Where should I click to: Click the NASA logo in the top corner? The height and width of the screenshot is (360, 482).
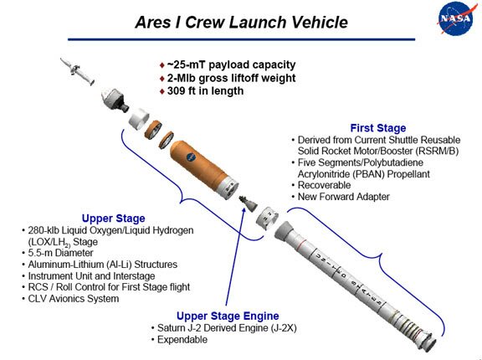[x=454, y=18]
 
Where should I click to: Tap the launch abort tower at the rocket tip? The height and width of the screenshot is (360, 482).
[x=77, y=70]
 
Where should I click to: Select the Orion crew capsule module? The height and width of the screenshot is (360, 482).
[x=115, y=100]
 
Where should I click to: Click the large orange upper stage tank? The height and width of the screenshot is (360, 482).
[x=203, y=169]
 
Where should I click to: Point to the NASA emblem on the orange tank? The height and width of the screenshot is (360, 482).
[x=191, y=157]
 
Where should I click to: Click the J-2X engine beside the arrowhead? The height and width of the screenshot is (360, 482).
[x=249, y=203]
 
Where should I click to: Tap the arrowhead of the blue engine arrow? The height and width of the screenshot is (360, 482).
[x=244, y=205]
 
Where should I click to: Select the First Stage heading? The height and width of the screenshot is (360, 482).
[x=377, y=128]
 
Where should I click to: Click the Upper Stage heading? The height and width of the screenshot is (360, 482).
[x=114, y=219]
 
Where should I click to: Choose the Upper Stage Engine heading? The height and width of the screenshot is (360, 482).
[x=228, y=316]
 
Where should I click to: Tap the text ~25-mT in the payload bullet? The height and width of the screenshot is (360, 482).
[x=187, y=64]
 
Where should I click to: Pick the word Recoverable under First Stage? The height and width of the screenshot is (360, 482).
[x=324, y=185]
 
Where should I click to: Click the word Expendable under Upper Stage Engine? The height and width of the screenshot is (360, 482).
[x=182, y=339]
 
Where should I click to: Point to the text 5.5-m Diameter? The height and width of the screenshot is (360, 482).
[x=60, y=253]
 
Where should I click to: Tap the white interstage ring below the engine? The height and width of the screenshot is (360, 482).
[x=267, y=218]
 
